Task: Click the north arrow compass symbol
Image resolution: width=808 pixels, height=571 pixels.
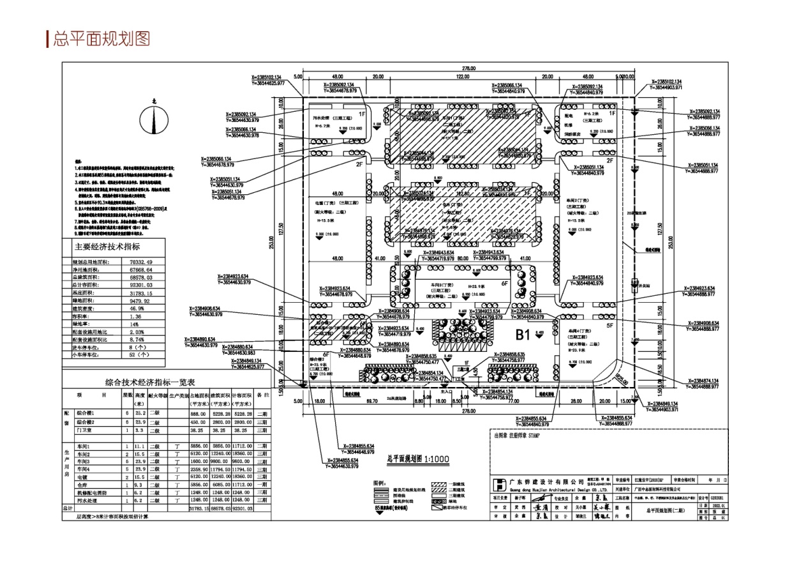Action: pyautogui.click(x=153, y=118)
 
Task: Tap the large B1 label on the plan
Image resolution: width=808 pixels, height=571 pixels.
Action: pyautogui.click(x=523, y=334)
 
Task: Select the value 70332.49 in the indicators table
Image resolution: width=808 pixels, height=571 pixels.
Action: pyautogui.click(x=141, y=262)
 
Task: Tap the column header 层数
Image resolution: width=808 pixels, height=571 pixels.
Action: pyautogui.click(x=127, y=395)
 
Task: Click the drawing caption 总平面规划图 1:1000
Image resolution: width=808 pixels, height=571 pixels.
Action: pyautogui.click(x=418, y=459)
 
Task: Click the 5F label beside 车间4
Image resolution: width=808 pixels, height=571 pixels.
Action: pyautogui.click(x=610, y=325)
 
